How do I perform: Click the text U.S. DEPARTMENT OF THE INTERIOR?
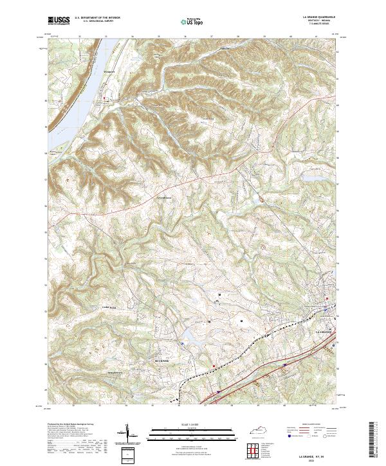102,17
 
